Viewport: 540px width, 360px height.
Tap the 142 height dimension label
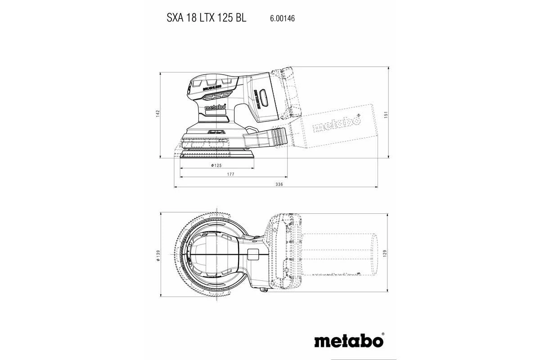pos(158,114)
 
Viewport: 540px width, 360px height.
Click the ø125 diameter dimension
pos(216,166)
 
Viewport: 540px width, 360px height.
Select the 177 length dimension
pos(231,174)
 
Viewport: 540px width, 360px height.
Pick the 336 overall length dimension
pos(279,184)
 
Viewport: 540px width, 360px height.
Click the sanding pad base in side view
pos(216,154)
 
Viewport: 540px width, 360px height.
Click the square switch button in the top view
pos(253,255)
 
